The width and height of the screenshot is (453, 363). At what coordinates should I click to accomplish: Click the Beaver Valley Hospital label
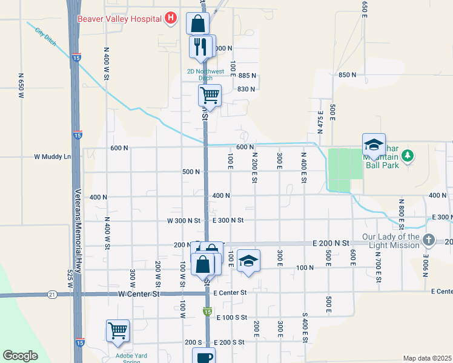click(119, 18)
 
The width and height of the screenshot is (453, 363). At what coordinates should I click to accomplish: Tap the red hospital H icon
click(171, 18)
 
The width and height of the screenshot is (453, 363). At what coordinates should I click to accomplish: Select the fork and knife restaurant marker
click(200, 46)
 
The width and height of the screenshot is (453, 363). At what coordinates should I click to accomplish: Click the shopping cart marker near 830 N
click(210, 95)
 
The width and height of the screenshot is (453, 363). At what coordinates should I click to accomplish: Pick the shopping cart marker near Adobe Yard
click(117, 330)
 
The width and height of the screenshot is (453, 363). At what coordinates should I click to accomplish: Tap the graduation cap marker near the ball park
click(374, 145)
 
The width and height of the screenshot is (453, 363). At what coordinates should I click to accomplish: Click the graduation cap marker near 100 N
click(248, 261)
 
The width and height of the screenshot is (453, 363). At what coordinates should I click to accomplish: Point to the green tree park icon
click(409, 155)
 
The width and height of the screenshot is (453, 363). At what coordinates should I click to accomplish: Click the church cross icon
click(429, 240)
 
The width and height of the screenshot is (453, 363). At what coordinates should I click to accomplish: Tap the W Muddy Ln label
click(52, 156)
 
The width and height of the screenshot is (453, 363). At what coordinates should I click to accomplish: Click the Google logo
click(20, 356)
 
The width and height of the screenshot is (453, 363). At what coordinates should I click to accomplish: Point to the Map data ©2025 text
click(426, 358)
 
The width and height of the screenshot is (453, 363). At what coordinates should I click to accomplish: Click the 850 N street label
click(347, 74)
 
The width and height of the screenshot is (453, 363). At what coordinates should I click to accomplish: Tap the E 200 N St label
click(331, 243)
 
